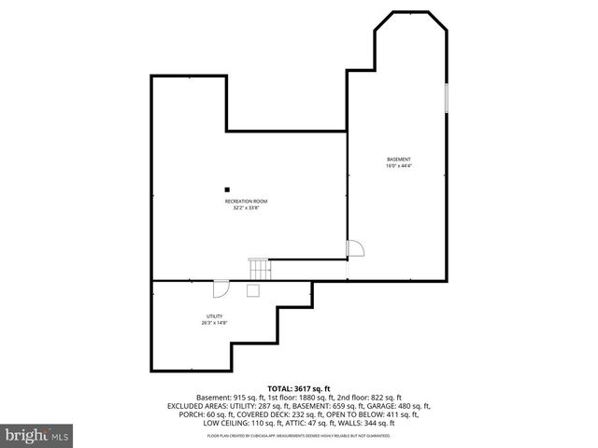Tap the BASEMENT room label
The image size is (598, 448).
click(399, 159)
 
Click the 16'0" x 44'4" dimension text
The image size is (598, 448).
click(399, 165)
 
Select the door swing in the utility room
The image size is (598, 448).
click(221, 288)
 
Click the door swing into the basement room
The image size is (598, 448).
click(354, 249)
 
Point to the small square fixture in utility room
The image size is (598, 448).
click(252, 290)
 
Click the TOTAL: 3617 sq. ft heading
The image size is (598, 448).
click(299, 387)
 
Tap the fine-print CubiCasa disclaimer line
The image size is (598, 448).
click(299, 436)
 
